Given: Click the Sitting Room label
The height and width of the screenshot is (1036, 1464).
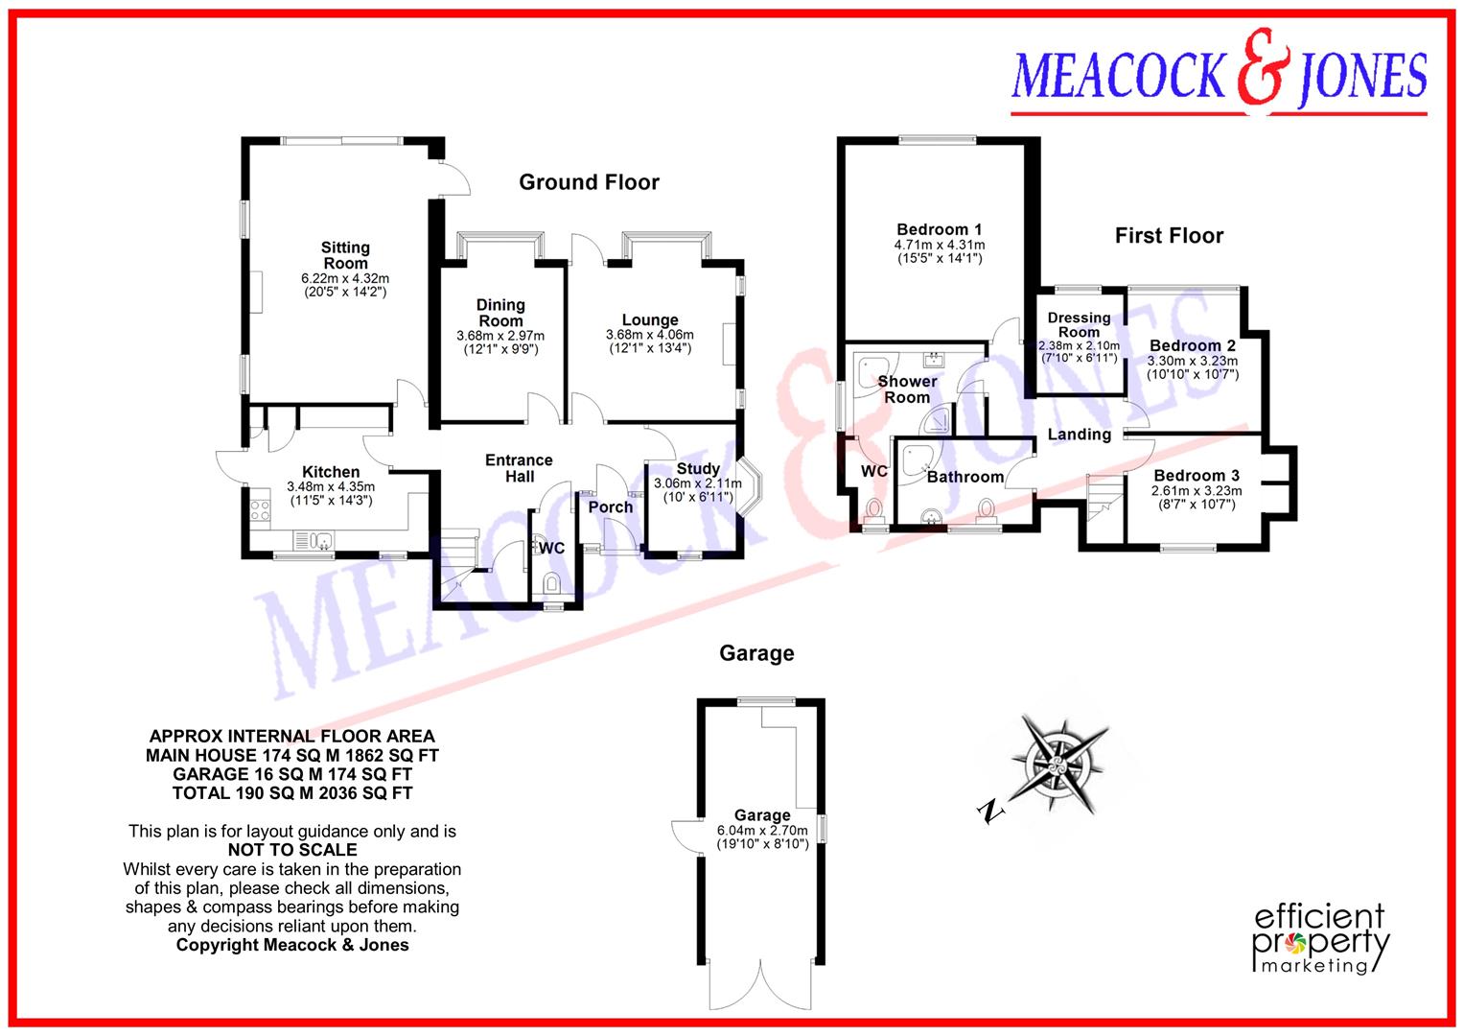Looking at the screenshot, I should tap(345, 255).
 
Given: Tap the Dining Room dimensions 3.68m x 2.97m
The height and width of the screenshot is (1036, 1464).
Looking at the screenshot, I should tap(500, 336).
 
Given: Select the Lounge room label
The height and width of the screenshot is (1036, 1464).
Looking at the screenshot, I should tap(649, 320).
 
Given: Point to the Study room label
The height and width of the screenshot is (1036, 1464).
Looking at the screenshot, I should tap(698, 469).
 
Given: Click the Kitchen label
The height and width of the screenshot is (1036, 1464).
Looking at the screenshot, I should tap(331, 472).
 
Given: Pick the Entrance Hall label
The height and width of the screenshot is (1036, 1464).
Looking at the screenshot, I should tap(519, 468).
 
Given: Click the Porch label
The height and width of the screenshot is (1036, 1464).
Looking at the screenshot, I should tap(611, 506).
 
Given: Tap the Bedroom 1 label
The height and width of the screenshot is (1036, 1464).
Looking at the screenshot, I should tap(939, 229).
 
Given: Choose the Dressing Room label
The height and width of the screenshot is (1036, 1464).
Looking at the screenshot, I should tap(1079, 324).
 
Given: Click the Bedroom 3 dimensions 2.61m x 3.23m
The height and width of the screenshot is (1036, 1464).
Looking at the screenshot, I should tap(1197, 491).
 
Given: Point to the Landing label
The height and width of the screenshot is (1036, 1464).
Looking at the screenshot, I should tap(1079, 435).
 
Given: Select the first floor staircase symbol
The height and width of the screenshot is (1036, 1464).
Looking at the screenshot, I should tap(1104, 499).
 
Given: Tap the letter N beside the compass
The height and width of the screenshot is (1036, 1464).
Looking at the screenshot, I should tap(988, 812).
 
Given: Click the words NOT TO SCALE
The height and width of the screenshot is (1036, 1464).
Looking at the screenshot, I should tap(292, 850).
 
